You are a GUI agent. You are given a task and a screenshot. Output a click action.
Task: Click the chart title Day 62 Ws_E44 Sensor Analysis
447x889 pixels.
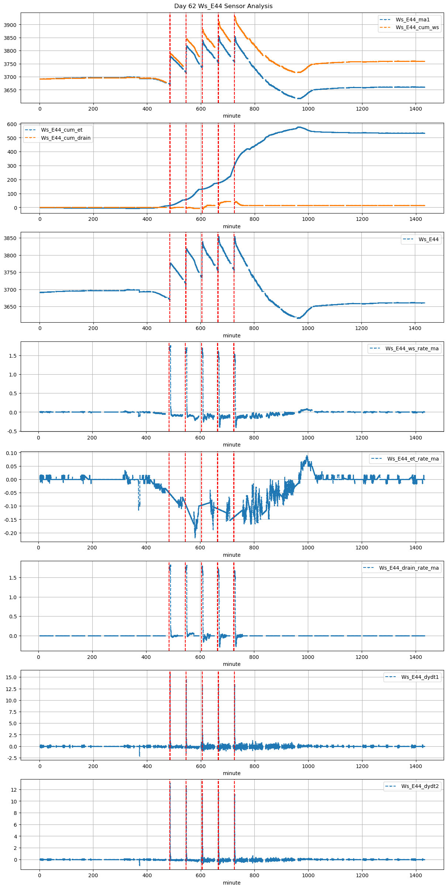tap(223, 6)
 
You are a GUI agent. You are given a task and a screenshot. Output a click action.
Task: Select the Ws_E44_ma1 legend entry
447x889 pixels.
tap(412, 20)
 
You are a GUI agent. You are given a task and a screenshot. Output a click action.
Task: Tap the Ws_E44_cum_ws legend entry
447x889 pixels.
tap(417, 27)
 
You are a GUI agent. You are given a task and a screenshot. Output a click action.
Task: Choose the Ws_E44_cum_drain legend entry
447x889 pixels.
tap(66, 138)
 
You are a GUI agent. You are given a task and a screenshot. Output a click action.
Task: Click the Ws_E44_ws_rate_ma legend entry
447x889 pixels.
tap(412, 348)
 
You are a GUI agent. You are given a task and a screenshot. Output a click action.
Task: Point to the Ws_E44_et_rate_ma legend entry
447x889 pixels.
tap(413, 459)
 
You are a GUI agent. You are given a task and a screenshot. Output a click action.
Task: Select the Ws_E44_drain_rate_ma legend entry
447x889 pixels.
tap(409, 568)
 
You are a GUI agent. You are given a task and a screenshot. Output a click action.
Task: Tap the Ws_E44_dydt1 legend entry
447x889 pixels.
tap(420, 677)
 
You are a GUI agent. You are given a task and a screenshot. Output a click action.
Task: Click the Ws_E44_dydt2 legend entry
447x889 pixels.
tap(420, 786)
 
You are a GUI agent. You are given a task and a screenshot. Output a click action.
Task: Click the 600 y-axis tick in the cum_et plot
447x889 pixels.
tap(13, 124)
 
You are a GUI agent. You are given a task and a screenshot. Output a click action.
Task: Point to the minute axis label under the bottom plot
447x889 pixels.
tap(231, 883)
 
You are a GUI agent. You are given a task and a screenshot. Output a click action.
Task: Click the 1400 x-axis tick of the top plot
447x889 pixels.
tap(416, 109)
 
